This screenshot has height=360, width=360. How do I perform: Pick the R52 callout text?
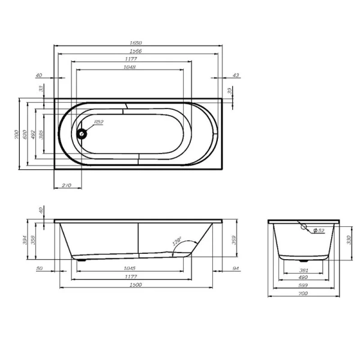click(98, 122)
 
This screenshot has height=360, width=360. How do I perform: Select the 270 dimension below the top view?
click(67, 185)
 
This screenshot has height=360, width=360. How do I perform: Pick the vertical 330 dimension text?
click(349, 241)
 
